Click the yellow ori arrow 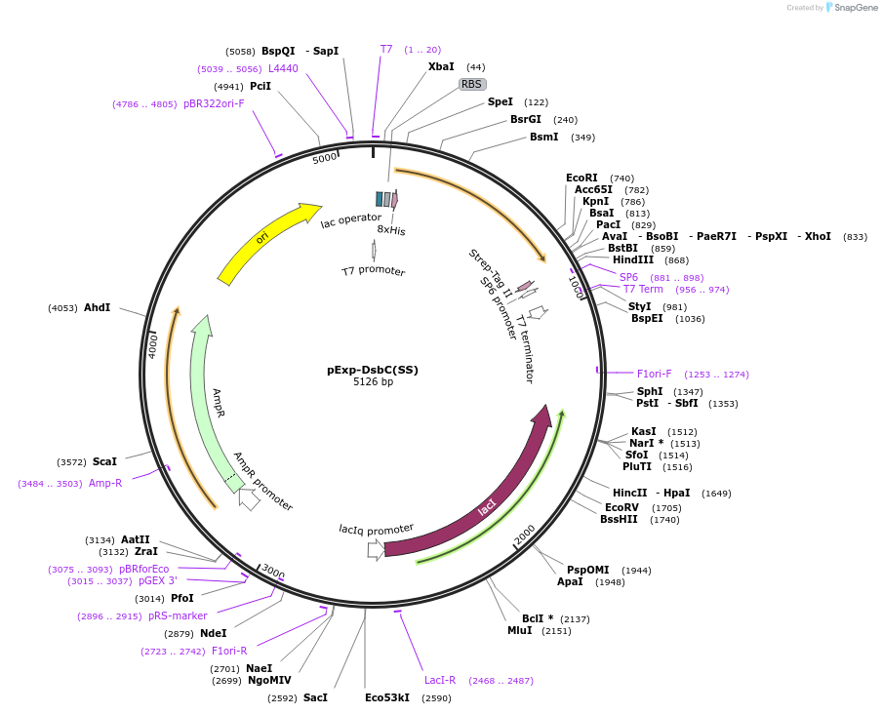click(263, 239)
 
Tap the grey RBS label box click(472, 85)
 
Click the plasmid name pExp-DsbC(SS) click(372, 370)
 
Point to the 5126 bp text click(373, 382)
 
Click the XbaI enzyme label click(441, 67)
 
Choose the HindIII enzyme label click(633, 260)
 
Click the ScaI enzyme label click(104, 461)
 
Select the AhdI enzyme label click(98, 307)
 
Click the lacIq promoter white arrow click(376, 549)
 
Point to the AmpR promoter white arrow click(249, 498)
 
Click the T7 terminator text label click(525, 348)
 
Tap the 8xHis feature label click(391, 230)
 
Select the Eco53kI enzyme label click(387, 698)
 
